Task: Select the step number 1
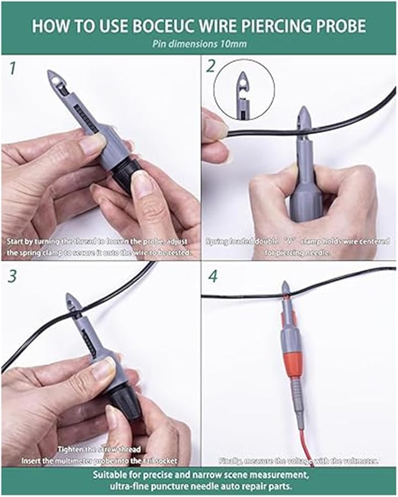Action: coord(10,69)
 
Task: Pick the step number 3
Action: coord(12,276)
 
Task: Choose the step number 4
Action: coord(212,276)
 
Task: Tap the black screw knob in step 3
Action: coord(119,400)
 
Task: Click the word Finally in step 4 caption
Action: coord(231,459)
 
